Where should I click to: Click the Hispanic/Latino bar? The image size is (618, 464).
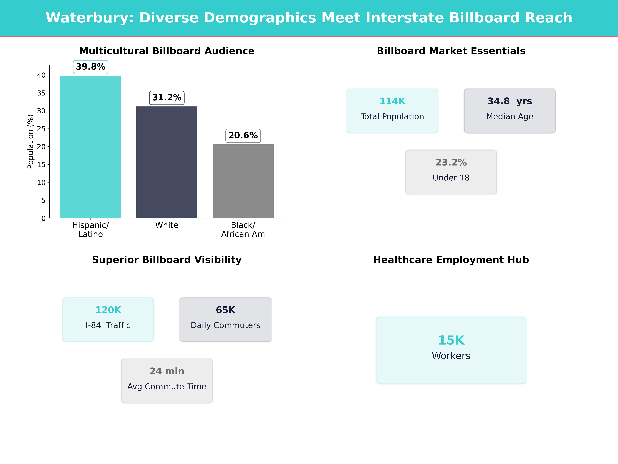(91, 147)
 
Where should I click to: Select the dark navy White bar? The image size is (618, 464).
(167, 162)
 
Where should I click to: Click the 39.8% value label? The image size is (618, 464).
(91, 67)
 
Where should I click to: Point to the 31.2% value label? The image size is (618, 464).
(167, 98)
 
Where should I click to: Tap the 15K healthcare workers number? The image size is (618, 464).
(451, 340)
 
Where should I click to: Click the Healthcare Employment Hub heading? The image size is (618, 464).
(451, 260)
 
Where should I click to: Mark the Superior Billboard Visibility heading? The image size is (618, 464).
(167, 260)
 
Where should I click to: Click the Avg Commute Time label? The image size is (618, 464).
(167, 387)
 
